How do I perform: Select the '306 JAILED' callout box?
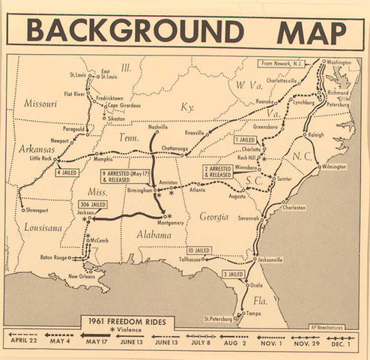(93, 204)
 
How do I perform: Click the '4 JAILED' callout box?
(70, 172)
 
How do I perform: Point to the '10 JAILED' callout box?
(199, 250)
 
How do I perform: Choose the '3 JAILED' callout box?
(234, 274)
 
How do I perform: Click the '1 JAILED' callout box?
(246, 139)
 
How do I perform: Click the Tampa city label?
(253, 312)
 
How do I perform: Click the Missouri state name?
(42, 103)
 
